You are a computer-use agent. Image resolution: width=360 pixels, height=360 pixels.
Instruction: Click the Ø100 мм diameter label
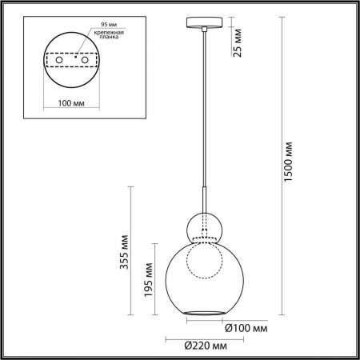245,329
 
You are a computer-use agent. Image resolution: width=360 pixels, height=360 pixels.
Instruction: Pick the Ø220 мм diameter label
199,346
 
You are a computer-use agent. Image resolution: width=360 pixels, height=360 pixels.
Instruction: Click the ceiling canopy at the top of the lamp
206,22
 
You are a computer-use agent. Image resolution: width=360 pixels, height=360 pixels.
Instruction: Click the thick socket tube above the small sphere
206,201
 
